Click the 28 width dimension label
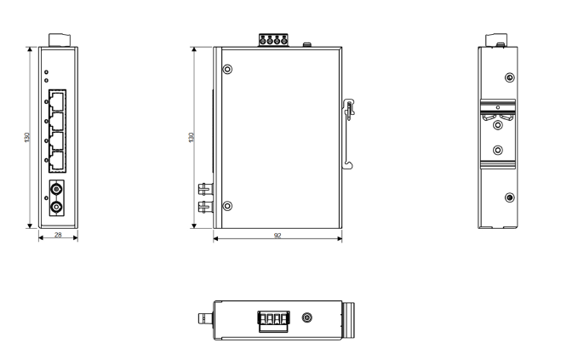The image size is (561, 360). pyautogui.click(x=58, y=235)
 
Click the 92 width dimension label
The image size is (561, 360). pyautogui.click(x=278, y=236)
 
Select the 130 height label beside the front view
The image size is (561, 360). pyautogui.click(x=27, y=137)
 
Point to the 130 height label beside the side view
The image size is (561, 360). pyautogui.click(x=191, y=137)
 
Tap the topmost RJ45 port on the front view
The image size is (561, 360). pyautogui.click(x=57, y=100)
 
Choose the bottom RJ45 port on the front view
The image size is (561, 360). pyautogui.click(x=57, y=161)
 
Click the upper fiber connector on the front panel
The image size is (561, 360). pyautogui.click(x=56, y=189)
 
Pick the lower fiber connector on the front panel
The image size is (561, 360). pyautogui.click(x=56, y=207)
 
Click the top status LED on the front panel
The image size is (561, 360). pyautogui.click(x=46, y=72)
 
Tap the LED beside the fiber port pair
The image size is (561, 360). pyautogui.click(x=46, y=198)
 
